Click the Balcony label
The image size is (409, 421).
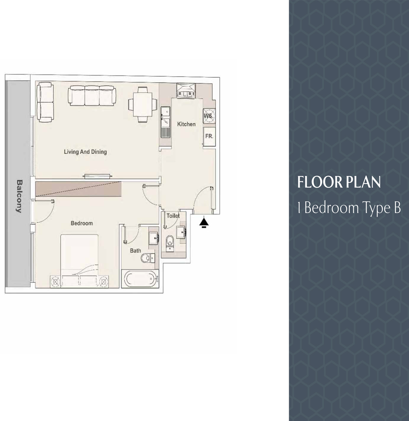pyautogui.click(x=19, y=196)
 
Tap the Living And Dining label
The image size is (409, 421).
pyautogui.click(x=85, y=152)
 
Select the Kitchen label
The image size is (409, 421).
pyautogui.click(x=186, y=124)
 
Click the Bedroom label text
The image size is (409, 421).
pyautogui.click(x=82, y=223)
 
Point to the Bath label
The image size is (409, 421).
pyautogui.click(x=136, y=250)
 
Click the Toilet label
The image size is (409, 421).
pyautogui.click(x=173, y=216)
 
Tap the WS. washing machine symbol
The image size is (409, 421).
pyautogui.click(x=209, y=116)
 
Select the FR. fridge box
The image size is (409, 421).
pyautogui.click(x=209, y=137)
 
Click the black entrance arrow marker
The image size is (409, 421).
pyautogui.click(x=204, y=223)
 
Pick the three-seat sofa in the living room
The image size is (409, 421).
pyautogui.click(x=92, y=96)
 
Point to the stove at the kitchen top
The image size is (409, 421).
pyautogui.click(x=186, y=91)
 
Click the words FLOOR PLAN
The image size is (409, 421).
pyautogui.click(x=339, y=182)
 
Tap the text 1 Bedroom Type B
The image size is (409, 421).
pyautogui.click(x=349, y=208)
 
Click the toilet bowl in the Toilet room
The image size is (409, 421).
pyautogui.click(x=170, y=242)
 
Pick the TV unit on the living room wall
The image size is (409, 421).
pyautogui.click(x=98, y=176)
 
